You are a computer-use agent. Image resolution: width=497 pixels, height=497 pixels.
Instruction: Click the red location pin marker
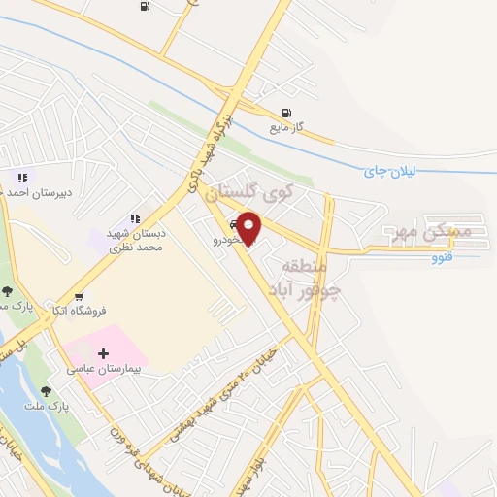coord(249,228)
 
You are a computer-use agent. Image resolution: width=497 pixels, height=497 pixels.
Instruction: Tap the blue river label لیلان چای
coord(388,171)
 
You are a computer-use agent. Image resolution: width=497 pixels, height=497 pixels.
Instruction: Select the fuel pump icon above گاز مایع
coord(285,113)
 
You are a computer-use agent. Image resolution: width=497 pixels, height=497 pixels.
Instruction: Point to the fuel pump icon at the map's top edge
coord(145,7)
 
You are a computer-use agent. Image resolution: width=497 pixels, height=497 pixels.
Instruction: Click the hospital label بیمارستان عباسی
coord(105,369)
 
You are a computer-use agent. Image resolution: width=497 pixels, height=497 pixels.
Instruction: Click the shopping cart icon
coord(78,297)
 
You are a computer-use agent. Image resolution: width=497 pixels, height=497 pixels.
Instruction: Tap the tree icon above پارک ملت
coord(46,391)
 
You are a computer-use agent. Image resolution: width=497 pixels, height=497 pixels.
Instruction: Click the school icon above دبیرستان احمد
coord(21,177)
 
